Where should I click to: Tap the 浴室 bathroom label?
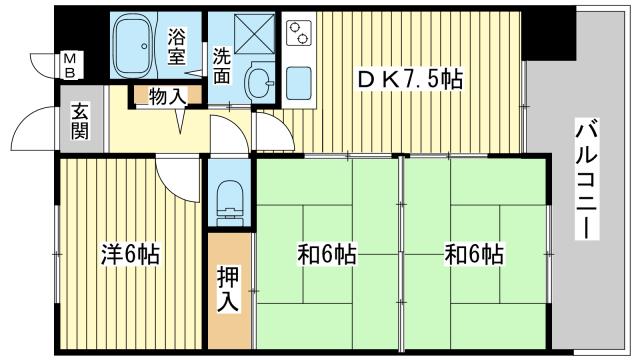pyautogui.click(x=177, y=46)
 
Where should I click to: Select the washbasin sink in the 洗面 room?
pyautogui.click(x=259, y=82)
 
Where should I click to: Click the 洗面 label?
pyautogui.click(x=222, y=65)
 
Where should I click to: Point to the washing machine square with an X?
pyautogui.click(x=254, y=33)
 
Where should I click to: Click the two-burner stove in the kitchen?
pyautogui.click(x=298, y=32)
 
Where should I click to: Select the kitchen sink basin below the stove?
pyautogui.click(x=299, y=83)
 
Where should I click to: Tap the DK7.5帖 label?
pyautogui.click(x=409, y=80)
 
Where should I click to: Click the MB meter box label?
pyautogui.click(x=70, y=66)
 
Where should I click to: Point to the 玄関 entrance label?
pyautogui.click(x=80, y=121)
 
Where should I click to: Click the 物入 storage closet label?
pyautogui.click(x=167, y=96)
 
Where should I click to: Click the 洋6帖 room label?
pyautogui.click(x=130, y=254)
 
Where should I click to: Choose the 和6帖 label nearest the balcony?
pyautogui.click(x=474, y=254)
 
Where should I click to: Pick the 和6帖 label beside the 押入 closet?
pyautogui.click(x=327, y=254)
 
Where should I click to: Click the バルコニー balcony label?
pyautogui.click(x=587, y=179)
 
